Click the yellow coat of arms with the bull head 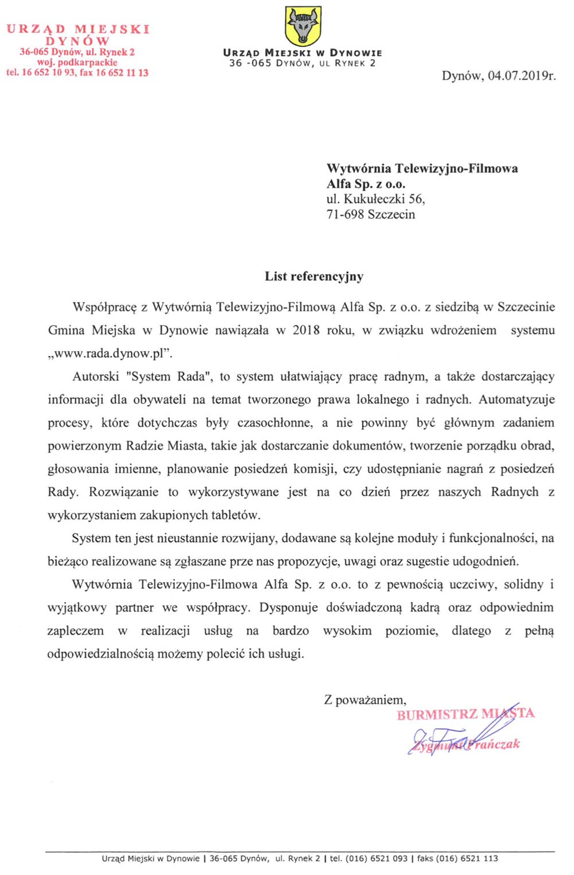coord(303,26)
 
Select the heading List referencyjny coord(314,277)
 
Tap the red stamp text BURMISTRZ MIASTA coord(466,714)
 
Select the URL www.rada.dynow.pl coord(110,353)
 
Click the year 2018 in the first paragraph coord(306,330)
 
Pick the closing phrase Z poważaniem coord(365,700)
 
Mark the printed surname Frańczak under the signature coord(497,744)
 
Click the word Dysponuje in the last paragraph coord(289,607)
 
